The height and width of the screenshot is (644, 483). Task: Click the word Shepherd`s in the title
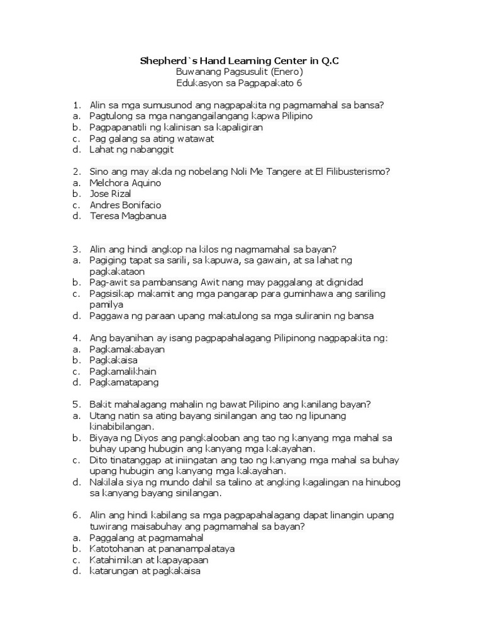[x=165, y=60]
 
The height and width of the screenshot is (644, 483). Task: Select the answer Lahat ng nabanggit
[x=131, y=150]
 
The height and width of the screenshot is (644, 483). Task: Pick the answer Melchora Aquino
[x=125, y=182]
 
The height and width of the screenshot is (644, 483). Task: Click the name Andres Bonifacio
[x=126, y=205]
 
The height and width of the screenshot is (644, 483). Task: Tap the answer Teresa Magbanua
[x=128, y=216]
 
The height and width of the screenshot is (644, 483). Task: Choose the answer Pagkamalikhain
[x=123, y=371]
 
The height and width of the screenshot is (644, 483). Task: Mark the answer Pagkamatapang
[x=124, y=382]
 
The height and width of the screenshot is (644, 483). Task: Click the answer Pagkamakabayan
[x=127, y=348]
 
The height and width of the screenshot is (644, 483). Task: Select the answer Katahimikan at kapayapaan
[x=149, y=560]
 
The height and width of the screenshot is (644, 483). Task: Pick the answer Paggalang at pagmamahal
[x=147, y=538]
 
